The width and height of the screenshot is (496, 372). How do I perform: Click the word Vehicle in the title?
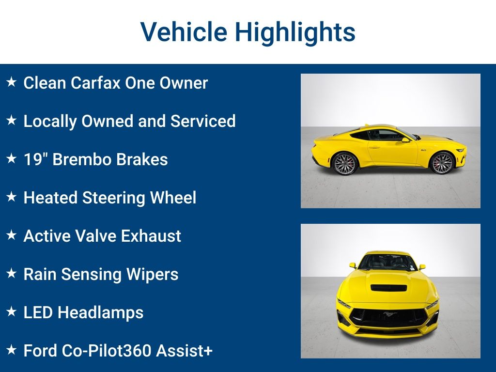click(184, 32)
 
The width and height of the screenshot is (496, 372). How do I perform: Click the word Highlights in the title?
click(295, 32)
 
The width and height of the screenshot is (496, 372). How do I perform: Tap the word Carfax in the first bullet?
click(95, 83)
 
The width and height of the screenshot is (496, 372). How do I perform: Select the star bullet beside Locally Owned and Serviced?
click(11, 121)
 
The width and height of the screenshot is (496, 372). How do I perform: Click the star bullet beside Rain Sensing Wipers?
click(11, 274)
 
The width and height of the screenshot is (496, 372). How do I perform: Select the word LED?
click(38, 312)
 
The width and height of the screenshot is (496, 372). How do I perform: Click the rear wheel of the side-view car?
click(345, 163)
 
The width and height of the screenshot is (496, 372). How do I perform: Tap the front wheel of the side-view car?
click(442, 163)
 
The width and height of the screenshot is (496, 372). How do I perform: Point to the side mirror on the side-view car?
click(405, 139)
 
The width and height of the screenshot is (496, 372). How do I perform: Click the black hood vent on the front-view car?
click(388, 287)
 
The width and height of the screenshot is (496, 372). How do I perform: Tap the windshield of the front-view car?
click(387, 262)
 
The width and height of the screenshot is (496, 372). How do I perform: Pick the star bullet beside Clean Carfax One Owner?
click(11, 82)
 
